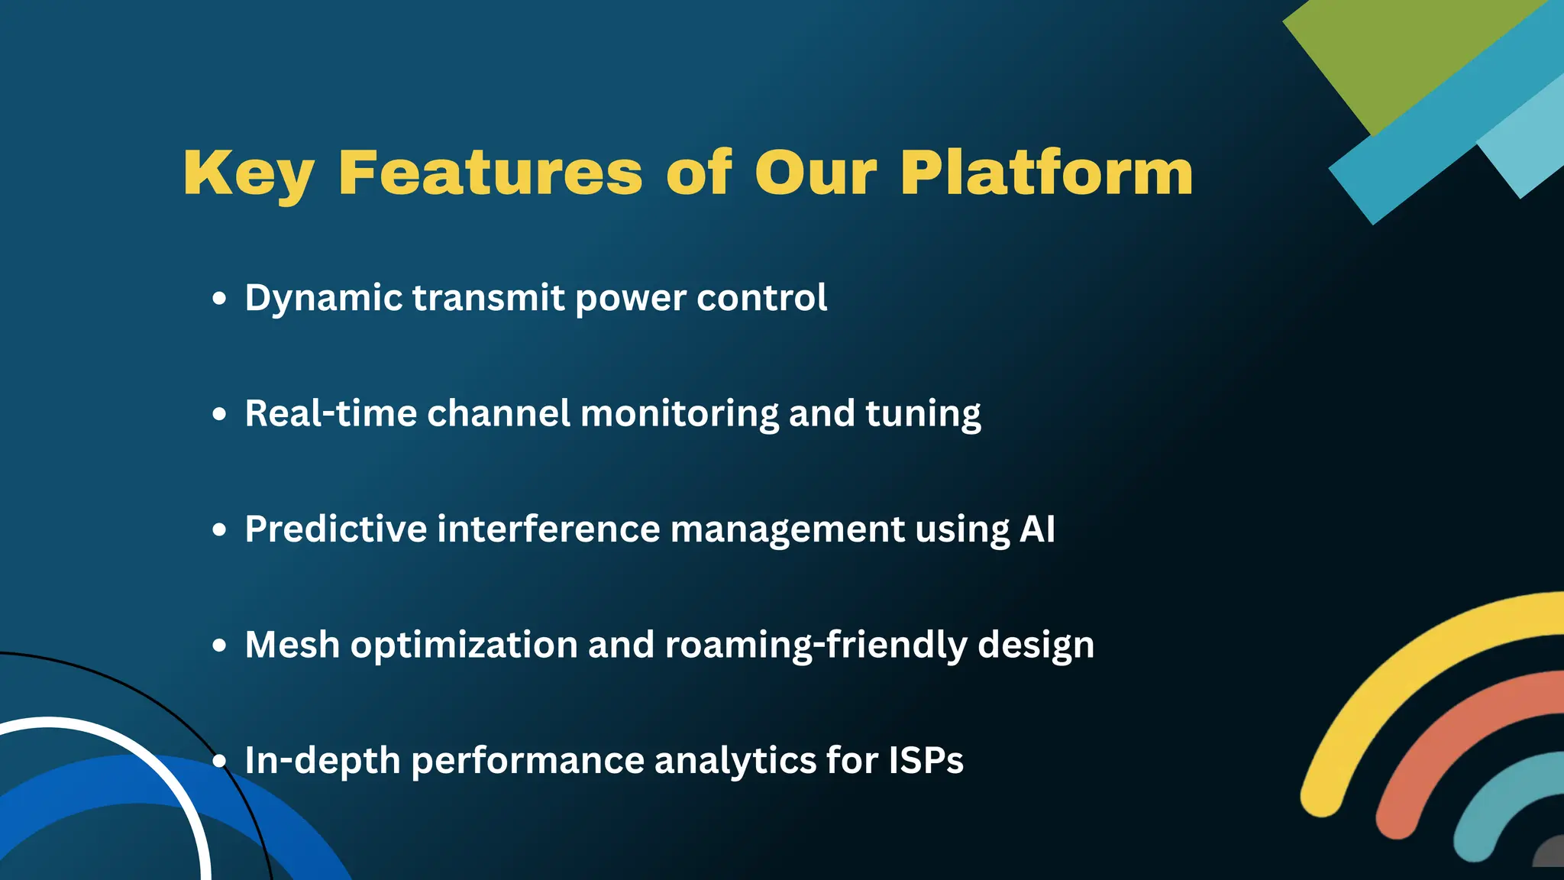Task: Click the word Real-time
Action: [x=331, y=413]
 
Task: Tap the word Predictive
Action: [x=335, y=529]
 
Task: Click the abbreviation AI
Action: [x=1037, y=529]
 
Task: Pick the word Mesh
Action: [x=292, y=645]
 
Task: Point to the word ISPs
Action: [x=926, y=760]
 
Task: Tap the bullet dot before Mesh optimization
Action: [x=220, y=645]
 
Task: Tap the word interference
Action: [x=548, y=529]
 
